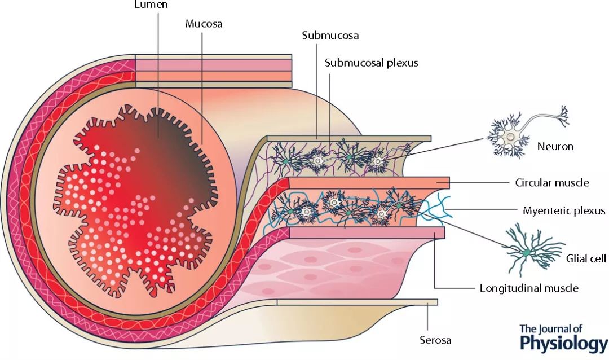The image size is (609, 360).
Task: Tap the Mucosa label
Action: [204, 24]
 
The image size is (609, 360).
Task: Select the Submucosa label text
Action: [330, 36]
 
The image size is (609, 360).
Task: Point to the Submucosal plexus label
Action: [371, 63]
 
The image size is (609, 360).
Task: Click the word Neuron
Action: [555, 146]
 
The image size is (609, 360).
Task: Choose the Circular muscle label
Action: [551, 183]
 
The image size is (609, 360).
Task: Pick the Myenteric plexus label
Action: [563, 210]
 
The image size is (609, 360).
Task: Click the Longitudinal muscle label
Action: [528, 288]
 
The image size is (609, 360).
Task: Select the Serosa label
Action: [435, 340]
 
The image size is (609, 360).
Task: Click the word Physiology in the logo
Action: [564, 343]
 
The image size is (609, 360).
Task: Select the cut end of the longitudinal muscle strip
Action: [440, 232]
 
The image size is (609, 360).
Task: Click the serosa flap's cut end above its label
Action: [433, 302]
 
